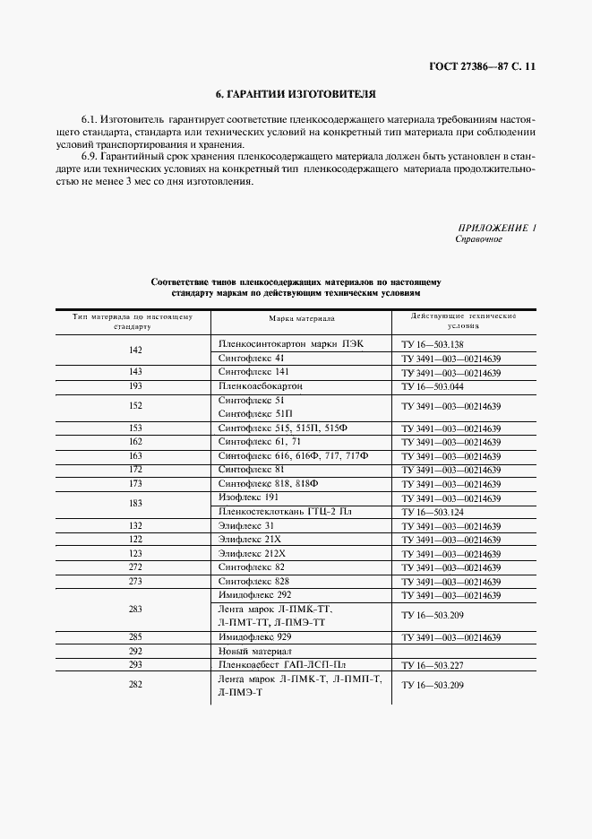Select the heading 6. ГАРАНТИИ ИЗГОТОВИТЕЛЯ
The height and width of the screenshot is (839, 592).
pos(296,93)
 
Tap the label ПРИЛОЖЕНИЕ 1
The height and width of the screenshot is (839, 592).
pos(496,228)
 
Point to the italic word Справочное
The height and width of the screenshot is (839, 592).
pos(479,239)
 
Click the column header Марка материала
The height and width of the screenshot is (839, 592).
pos(302,318)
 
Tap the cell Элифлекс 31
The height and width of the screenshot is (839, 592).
pos(246,524)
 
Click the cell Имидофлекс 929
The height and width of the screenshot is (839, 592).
pos(255,636)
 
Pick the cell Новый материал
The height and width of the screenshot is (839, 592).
pos(255,651)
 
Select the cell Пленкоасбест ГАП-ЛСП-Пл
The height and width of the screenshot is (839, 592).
pos(282,665)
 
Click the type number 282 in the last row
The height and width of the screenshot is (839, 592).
pos(135,686)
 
